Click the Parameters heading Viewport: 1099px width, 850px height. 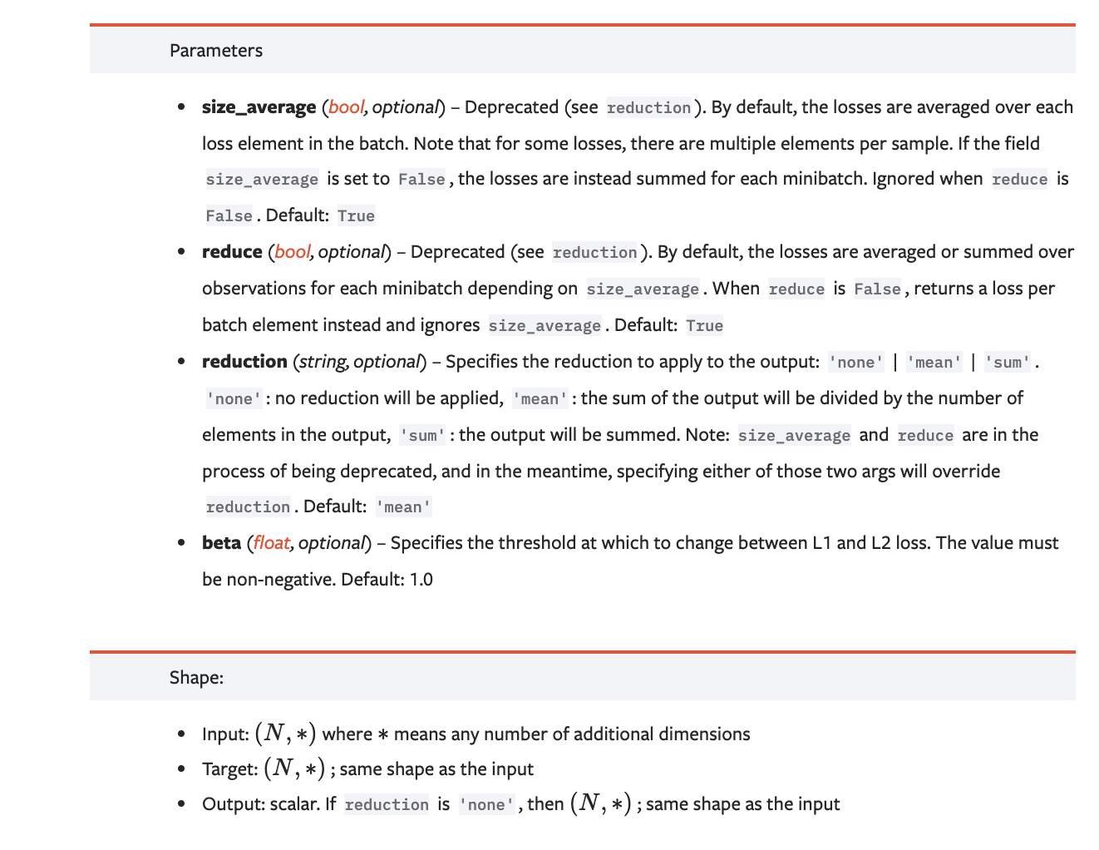(x=215, y=51)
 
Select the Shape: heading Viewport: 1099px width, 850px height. (x=196, y=678)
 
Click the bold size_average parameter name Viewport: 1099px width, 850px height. (x=259, y=107)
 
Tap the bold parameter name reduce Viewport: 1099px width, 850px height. (x=232, y=252)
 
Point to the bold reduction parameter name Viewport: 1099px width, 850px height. (x=244, y=362)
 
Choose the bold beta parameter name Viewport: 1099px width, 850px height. (x=221, y=543)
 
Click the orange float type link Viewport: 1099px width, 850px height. (x=271, y=543)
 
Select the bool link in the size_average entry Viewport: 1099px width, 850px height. (x=346, y=107)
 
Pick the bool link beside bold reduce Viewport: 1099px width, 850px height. (x=292, y=252)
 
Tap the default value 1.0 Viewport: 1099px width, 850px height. (x=421, y=580)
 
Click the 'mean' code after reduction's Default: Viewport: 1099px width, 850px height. (x=403, y=507)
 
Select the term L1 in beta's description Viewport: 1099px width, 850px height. (x=821, y=543)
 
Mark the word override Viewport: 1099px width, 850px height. (x=966, y=472)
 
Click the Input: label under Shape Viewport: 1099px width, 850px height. (x=225, y=734)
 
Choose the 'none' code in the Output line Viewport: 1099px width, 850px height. (x=486, y=805)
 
